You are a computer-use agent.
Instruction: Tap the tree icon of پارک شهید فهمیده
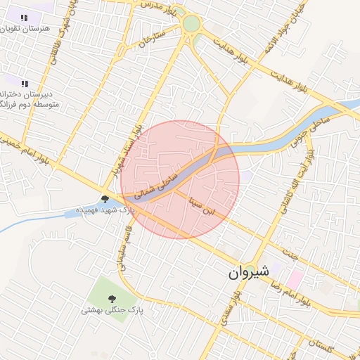[105, 199]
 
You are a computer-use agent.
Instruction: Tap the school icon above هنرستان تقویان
[24, 18]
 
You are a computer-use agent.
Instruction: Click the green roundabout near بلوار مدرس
[191, 24]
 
